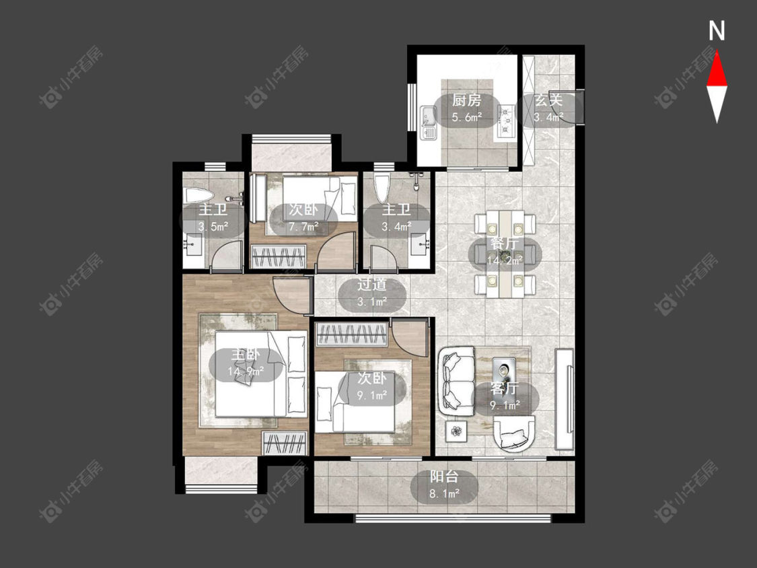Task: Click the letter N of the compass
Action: pos(717,31)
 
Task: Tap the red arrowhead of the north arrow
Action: pos(717,69)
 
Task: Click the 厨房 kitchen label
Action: pos(466,101)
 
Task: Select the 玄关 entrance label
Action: pos(549,101)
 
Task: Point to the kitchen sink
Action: pos(428,122)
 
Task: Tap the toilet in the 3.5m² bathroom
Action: pos(199,196)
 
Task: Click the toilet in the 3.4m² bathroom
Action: pos(382,187)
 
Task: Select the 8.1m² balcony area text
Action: pos(444,493)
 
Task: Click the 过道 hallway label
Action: pos(371,285)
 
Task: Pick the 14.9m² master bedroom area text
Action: pos(246,371)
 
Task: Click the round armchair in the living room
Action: pos(515,433)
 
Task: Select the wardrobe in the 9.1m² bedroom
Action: pos(351,334)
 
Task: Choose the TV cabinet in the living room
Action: pos(565,399)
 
